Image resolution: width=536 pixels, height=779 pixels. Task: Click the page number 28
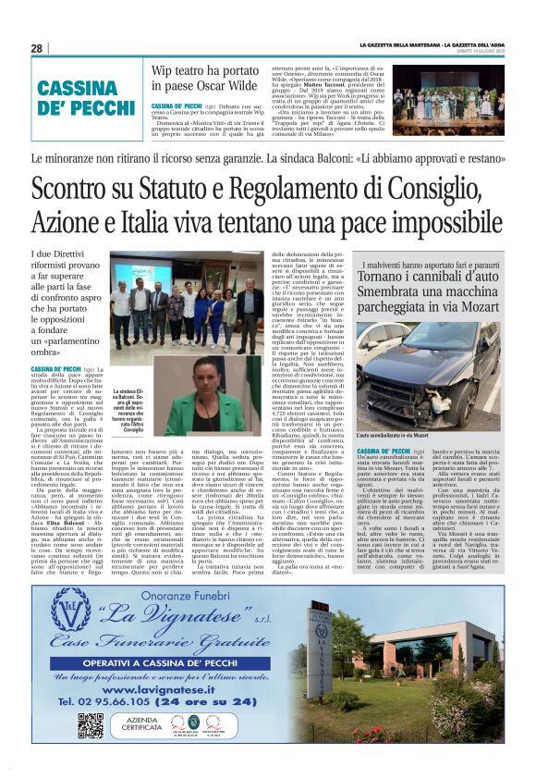click(x=37, y=48)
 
